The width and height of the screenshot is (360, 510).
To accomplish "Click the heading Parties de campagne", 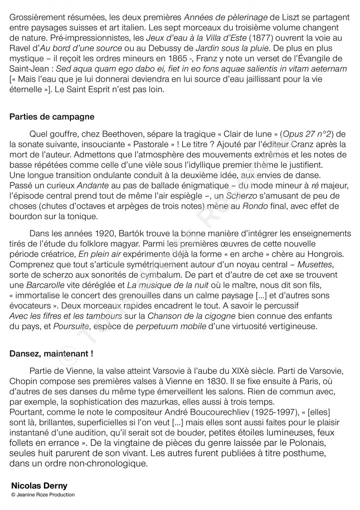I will (x=52, y=117).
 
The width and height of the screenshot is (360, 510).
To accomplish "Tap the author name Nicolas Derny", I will (x=39, y=485).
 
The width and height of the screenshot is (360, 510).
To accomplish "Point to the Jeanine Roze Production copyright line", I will (x=42, y=494).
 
